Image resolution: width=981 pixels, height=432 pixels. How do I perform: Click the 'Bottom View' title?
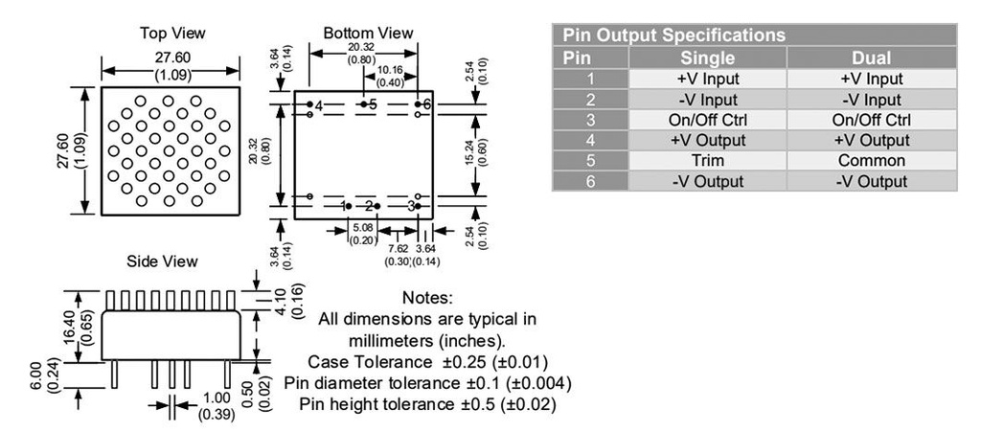[368, 34]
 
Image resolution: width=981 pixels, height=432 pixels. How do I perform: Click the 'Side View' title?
[162, 261]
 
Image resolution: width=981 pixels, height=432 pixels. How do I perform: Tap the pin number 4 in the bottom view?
[319, 104]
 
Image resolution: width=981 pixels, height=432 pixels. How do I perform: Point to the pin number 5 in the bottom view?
[373, 104]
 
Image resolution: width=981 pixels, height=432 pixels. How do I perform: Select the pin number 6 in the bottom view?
[426, 104]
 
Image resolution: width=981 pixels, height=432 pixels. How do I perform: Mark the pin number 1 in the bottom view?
[342, 206]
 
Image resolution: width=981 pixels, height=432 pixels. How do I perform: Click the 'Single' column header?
[708, 57]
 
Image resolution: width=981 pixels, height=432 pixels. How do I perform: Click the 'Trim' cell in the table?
[708, 160]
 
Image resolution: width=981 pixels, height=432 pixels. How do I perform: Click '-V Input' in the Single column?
[708, 100]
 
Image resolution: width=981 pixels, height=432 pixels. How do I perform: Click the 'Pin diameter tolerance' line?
[427, 383]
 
